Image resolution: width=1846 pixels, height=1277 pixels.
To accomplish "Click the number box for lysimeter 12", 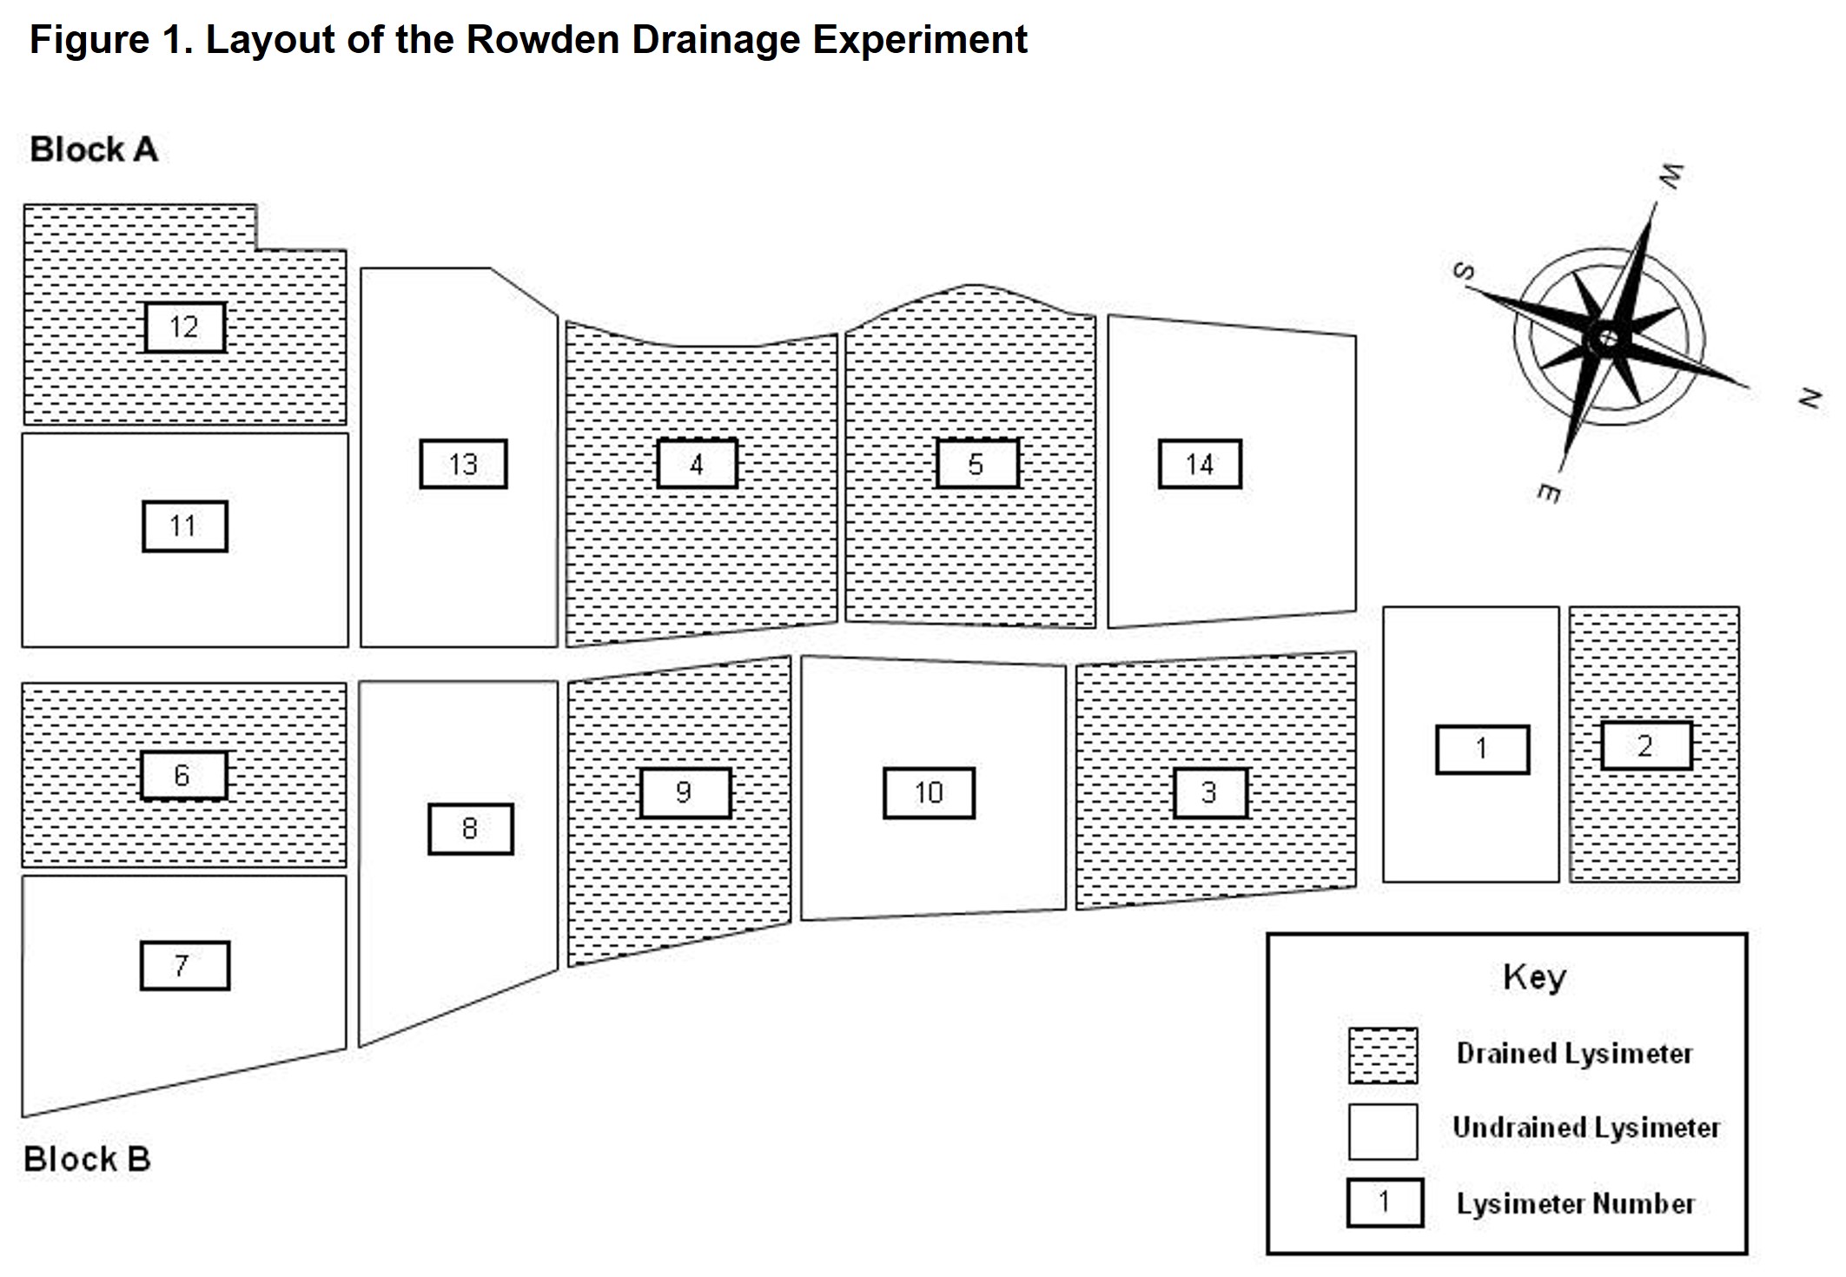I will (x=184, y=328).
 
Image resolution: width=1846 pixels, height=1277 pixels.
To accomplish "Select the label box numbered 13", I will (x=463, y=464).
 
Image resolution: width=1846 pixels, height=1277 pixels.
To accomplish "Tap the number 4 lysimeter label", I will (x=697, y=464).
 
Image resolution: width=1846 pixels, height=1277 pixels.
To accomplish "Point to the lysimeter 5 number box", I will (x=976, y=464).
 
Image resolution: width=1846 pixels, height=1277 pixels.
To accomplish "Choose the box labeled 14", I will (x=1200, y=464).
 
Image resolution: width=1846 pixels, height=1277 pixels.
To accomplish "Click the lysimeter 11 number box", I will (x=184, y=526).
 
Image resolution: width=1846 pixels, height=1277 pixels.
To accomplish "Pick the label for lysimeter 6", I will (x=183, y=775).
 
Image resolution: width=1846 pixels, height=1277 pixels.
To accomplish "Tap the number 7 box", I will (x=184, y=965).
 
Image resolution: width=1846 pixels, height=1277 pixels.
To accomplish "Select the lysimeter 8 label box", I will (x=470, y=829).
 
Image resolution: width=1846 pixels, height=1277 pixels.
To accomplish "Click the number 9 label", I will (x=685, y=792).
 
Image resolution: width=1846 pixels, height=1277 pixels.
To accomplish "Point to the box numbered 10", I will (x=929, y=792).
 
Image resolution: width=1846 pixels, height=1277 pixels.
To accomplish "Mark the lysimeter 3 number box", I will (x=1210, y=792).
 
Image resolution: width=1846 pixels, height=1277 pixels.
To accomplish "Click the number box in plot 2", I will (x=1645, y=745).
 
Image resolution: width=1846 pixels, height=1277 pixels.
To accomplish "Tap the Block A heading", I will (x=94, y=150).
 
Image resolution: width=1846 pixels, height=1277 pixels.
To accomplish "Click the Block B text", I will (x=87, y=1159).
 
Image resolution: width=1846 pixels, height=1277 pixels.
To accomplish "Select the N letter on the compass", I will (x=1809, y=399).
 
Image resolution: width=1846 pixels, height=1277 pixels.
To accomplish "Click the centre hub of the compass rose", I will (x=1607, y=337).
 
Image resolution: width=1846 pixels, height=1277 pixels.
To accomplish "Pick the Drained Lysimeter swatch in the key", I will (x=1383, y=1055).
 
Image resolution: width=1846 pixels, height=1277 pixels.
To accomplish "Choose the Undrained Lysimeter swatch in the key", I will (x=1383, y=1131).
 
